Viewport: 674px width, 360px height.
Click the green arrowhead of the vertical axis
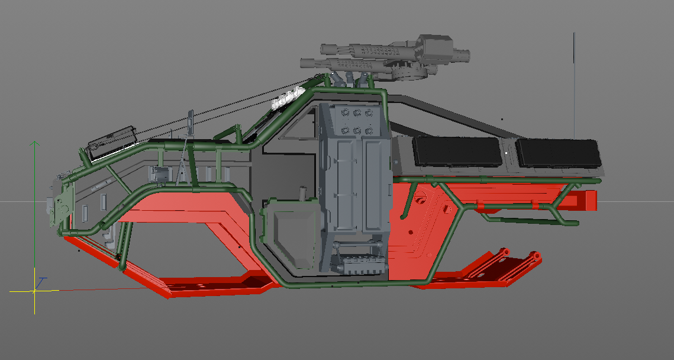point(35,144)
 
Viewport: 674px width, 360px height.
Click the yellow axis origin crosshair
point(34,291)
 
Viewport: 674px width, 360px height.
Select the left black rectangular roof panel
point(456,152)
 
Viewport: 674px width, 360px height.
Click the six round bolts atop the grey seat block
point(357,121)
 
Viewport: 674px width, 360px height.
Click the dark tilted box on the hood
point(112,142)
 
